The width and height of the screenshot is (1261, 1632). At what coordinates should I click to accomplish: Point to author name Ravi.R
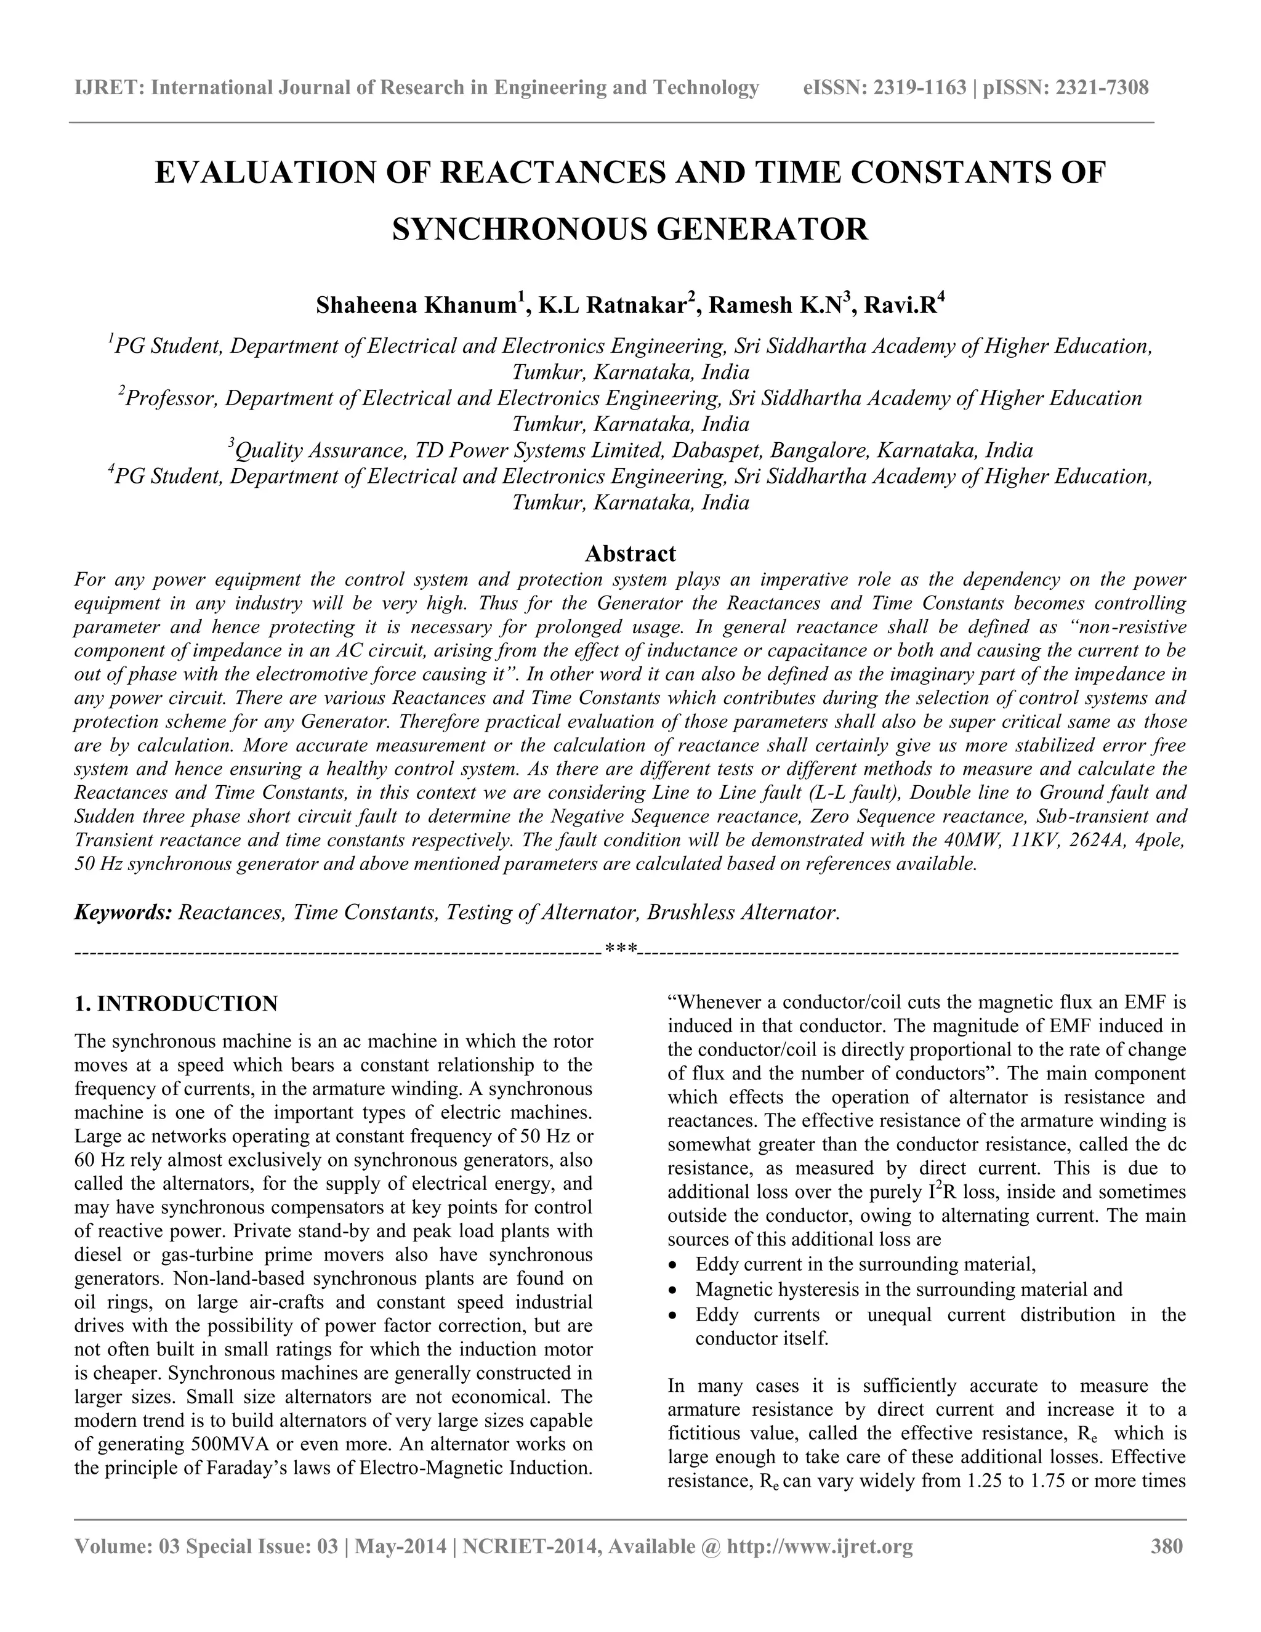900,305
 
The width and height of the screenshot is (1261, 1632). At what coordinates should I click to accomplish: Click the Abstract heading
630,554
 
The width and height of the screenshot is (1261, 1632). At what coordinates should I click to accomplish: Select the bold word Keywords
123,913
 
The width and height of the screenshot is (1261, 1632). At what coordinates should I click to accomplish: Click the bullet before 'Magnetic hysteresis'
675,1290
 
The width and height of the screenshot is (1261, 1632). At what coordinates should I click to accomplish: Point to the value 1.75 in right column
1047,1481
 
